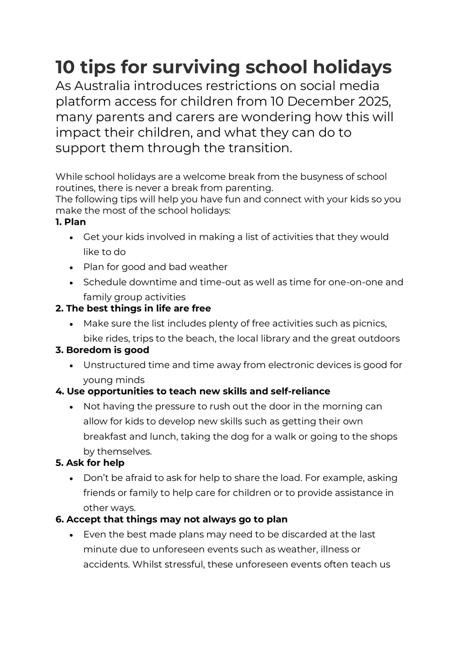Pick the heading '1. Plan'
click(x=70, y=222)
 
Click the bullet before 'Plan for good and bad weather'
click(x=71, y=268)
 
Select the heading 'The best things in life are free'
click(x=138, y=308)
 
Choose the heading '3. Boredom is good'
click(x=102, y=350)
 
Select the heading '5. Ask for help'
click(x=90, y=463)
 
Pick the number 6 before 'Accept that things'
click(x=58, y=519)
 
